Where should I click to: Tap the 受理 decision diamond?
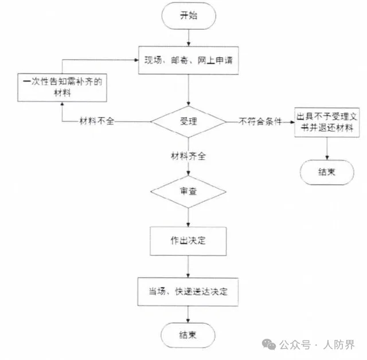pyautogui.click(x=188, y=122)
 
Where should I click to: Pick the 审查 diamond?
pyautogui.click(x=188, y=192)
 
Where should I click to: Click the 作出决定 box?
pyautogui.click(x=188, y=240)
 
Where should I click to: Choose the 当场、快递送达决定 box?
pyautogui.click(x=188, y=292)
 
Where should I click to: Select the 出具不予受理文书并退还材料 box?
pyautogui.click(x=327, y=123)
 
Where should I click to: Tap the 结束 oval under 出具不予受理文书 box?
pyautogui.click(x=326, y=171)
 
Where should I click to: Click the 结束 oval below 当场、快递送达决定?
pyautogui.click(x=188, y=335)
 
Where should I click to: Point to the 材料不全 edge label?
pyautogui.click(x=98, y=122)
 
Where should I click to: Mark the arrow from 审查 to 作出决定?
pyautogui.click(x=188, y=216)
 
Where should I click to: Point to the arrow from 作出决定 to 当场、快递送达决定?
pyautogui.click(x=188, y=266)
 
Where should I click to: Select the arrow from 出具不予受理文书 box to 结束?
pyautogui.click(x=326, y=148)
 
